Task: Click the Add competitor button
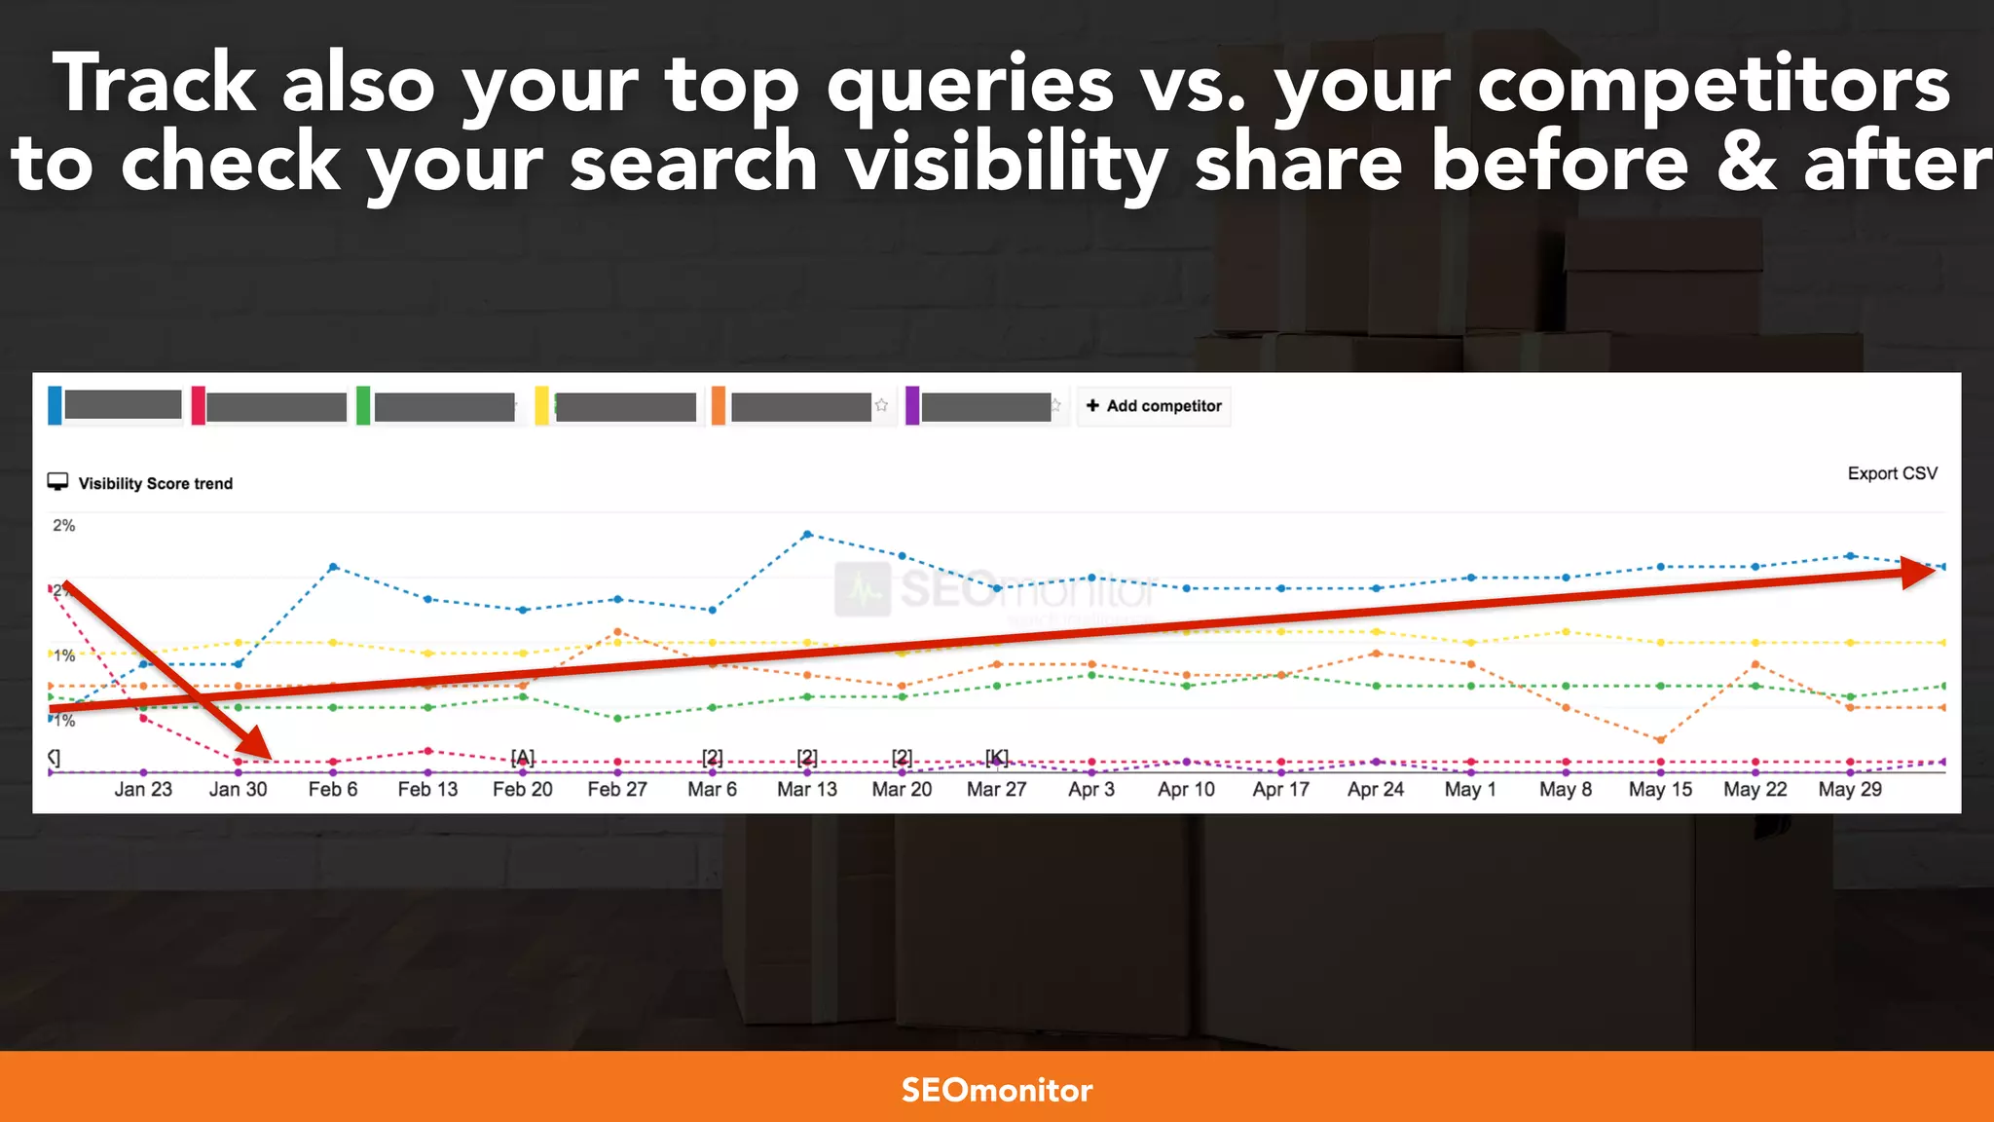pyautogui.click(x=1154, y=406)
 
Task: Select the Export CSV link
pyautogui.click(x=1892, y=473)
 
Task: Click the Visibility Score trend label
pyautogui.click(x=155, y=483)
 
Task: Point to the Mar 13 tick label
pyautogui.click(x=806, y=789)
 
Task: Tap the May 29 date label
pyautogui.click(x=1849, y=789)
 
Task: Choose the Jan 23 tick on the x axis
pyautogui.click(x=143, y=789)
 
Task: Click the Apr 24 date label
pyautogui.click(x=1375, y=789)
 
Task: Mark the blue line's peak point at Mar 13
pyautogui.click(x=807, y=534)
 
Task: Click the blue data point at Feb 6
pyautogui.click(x=333, y=566)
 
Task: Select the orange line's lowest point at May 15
pyautogui.click(x=1660, y=739)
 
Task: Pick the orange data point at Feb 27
pyautogui.click(x=617, y=632)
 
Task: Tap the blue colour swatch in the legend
pyautogui.click(x=55, y=405)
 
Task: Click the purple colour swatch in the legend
pyautogui.click(x=912, y=405)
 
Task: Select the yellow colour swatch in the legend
pyautogui.click(x=542, y=405)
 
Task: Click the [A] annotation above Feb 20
pyautogui.click(x=523, y=757)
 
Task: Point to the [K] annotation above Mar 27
pyautogui.click(x=997, y=757)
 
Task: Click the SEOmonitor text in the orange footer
pyautogui.click(x=996, y=1089)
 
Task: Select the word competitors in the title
pyautogui.click(x=1714, y=86)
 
